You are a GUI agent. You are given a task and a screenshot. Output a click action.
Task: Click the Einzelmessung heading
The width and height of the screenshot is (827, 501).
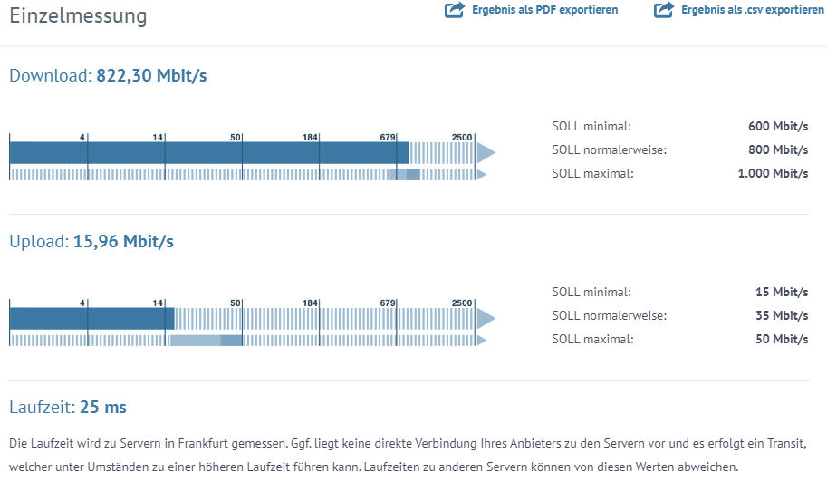78,15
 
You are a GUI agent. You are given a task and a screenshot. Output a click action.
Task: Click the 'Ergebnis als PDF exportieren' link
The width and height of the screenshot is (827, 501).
544,10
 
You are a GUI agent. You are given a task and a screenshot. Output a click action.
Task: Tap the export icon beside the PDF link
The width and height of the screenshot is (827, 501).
454,10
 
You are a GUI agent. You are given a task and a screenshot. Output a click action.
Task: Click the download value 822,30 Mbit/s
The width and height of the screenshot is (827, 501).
151,75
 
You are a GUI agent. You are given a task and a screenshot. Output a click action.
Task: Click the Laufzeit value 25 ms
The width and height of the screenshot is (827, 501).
103,408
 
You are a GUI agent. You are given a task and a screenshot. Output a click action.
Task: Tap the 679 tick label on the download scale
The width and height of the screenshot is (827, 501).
388,137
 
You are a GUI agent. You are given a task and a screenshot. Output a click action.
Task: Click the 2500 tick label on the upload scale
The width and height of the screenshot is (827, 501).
462,303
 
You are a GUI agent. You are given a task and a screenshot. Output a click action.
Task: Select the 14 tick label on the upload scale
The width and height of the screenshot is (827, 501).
158,303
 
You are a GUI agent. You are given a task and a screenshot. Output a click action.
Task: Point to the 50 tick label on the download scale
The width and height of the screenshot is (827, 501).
236,137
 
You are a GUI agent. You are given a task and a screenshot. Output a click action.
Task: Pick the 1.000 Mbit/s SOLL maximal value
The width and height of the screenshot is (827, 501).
773,173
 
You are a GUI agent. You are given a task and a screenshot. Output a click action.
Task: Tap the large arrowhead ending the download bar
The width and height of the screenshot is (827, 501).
486,151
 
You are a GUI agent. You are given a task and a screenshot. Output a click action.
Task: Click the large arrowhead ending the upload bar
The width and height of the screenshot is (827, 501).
486,318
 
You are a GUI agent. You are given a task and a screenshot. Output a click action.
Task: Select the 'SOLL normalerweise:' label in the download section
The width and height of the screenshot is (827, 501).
609,149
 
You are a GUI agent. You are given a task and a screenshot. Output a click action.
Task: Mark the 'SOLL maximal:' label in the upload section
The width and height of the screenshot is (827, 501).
592,339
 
